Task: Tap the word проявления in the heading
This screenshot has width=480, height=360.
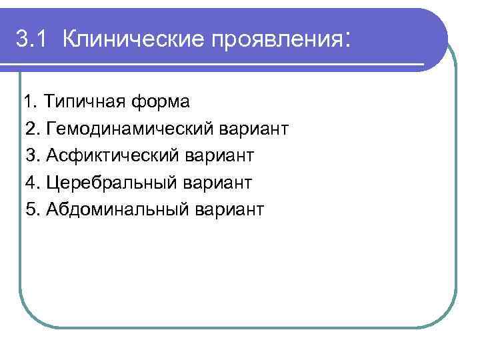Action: coord(275,40)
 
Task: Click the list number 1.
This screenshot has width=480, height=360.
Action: coord(29,103)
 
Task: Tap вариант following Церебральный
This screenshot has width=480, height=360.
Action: coord(218,183)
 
